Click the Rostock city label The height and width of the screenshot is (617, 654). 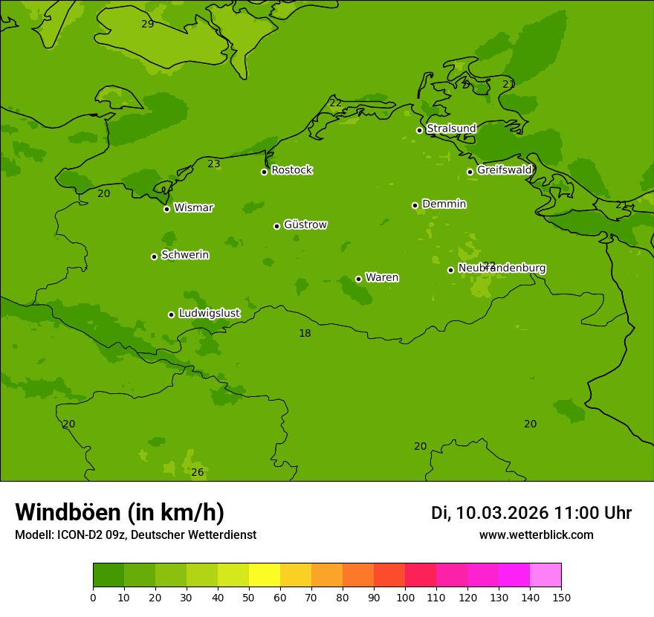[x=291, y=170]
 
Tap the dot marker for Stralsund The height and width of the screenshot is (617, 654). [x=419, y=130]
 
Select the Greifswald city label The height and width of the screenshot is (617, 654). [x=504, y=170]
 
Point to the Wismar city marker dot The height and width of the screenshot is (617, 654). [x=166, y=209]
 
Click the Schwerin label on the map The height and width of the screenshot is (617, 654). [x=185, y=255]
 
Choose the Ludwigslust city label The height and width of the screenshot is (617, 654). [x=209, y=314]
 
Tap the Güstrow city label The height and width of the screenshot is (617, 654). [x=305, y=224]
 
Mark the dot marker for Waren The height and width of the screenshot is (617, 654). [x=358, y=279]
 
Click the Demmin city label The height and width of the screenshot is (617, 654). [x=444, y=204]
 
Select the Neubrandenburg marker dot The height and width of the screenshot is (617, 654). [x=450, y=270]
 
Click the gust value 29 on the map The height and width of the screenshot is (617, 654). [x=148, y=24]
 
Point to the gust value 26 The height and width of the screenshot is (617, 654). [x=198, y=472]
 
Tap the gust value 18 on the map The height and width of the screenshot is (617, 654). [x=305, y=333]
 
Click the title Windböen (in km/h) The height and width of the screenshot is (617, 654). [x=120, y=512]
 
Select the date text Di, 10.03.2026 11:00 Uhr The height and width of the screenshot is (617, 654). [x=531, y=513]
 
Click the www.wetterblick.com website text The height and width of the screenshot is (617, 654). [x=536, y=535]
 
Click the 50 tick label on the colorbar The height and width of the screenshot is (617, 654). [x=249, y=597]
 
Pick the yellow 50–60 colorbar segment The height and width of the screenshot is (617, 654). [x=265, y=575]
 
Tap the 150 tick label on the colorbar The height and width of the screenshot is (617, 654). [x=561, y=597]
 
